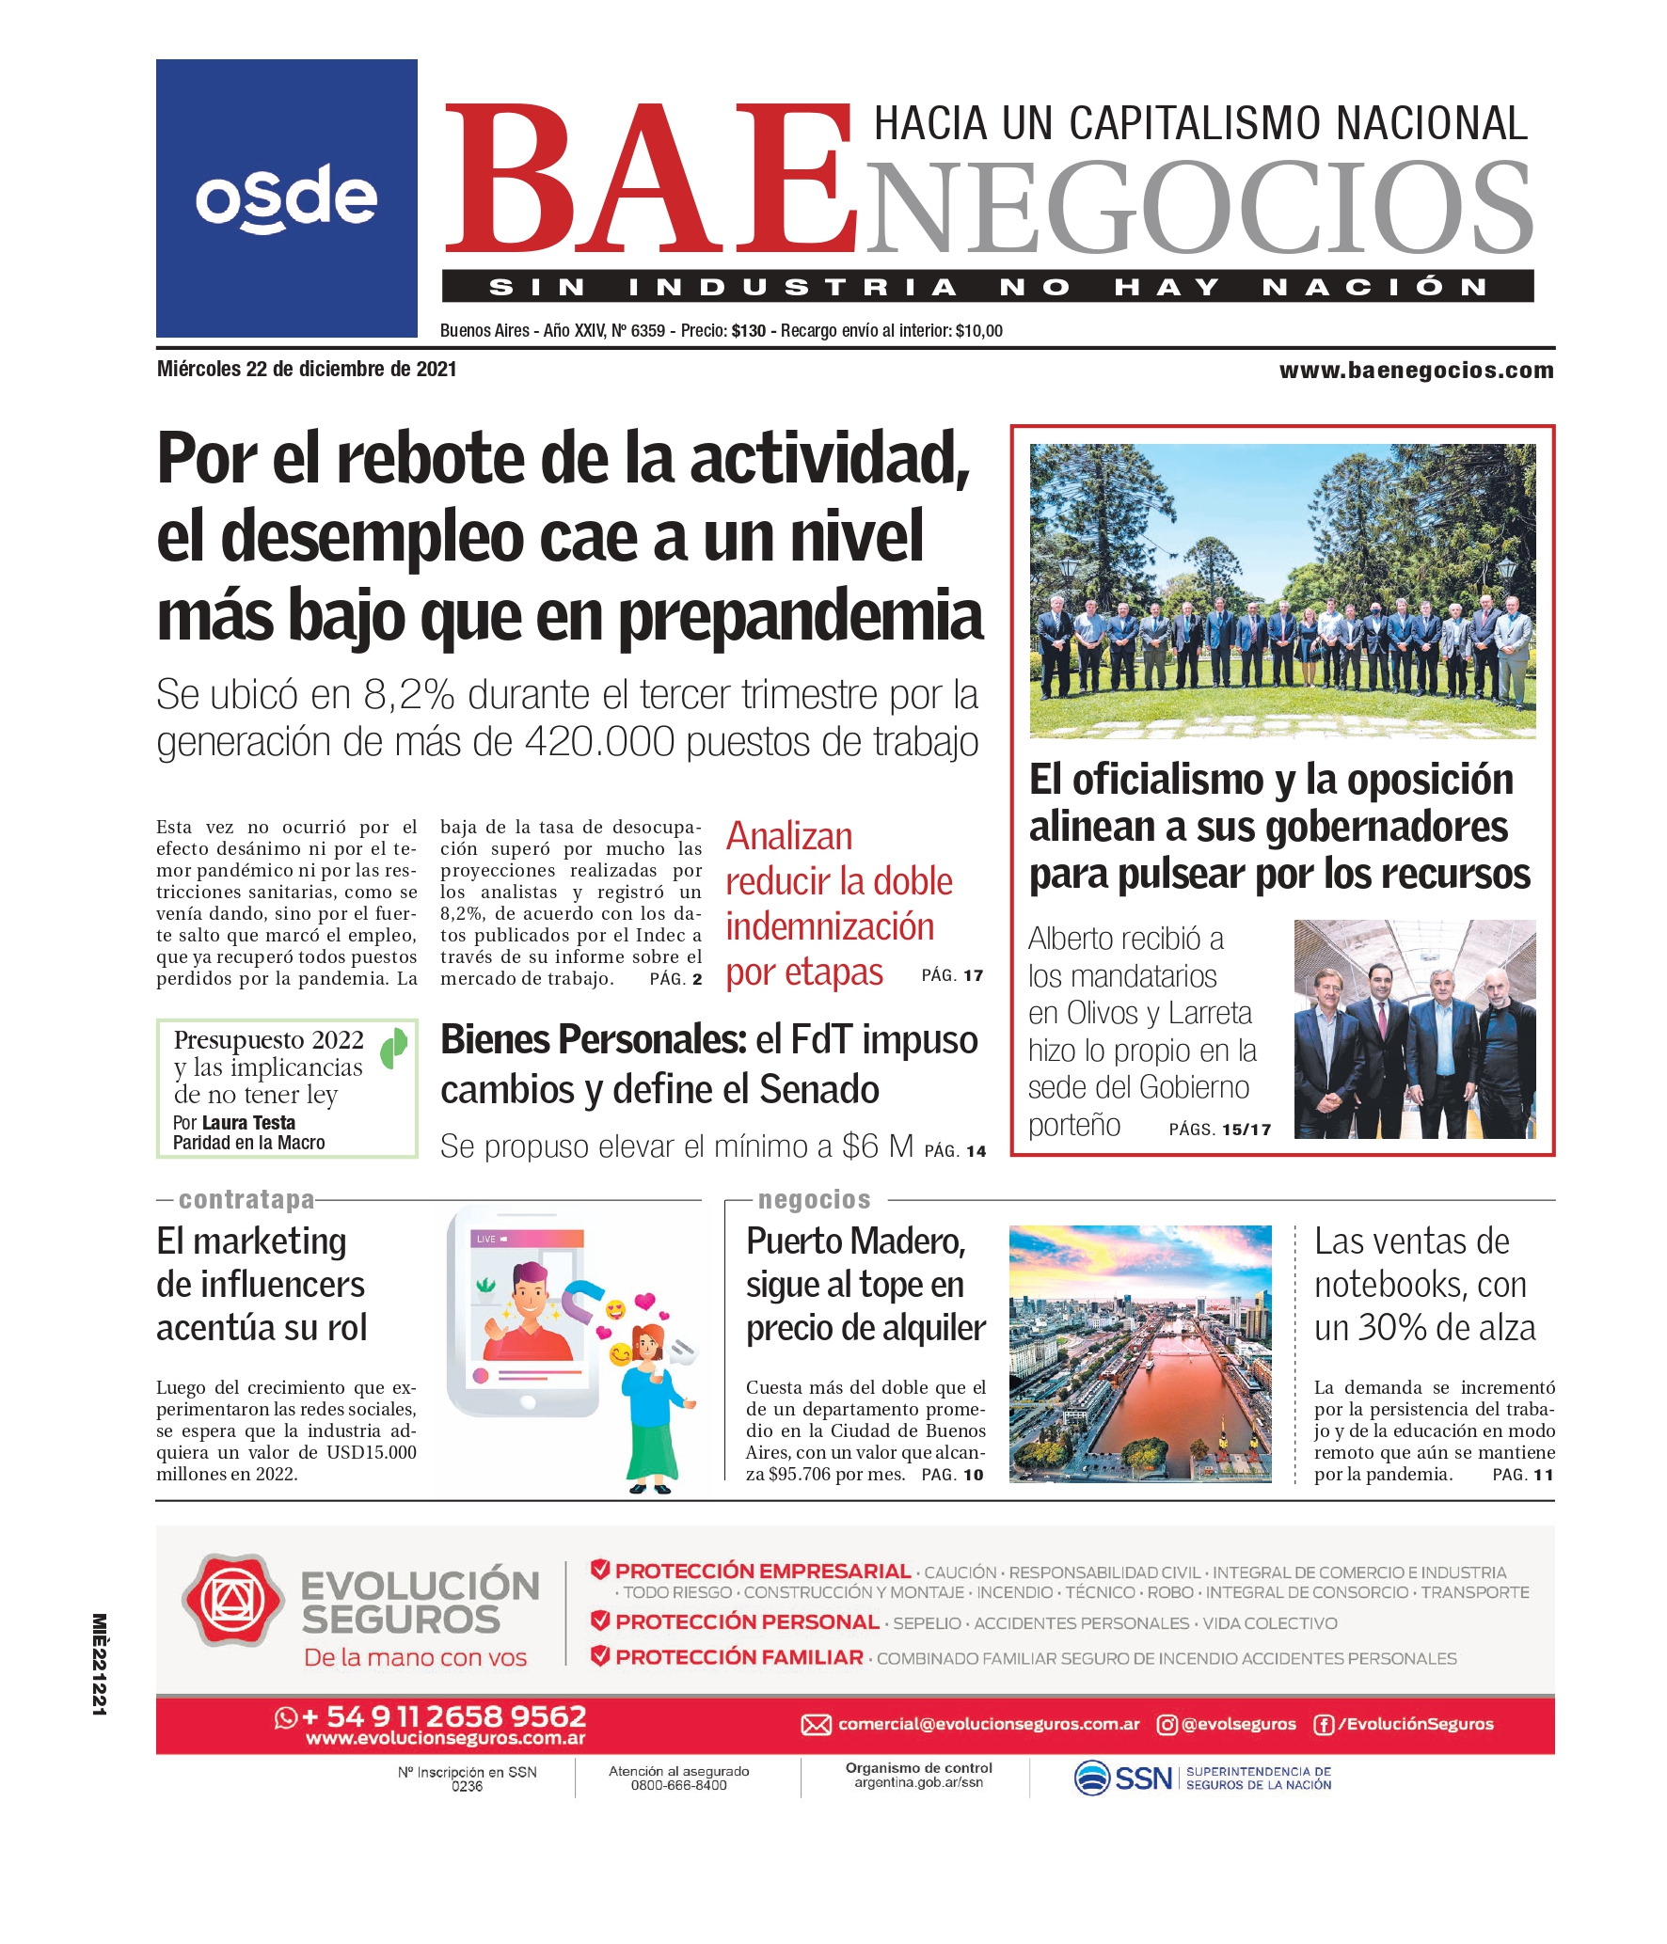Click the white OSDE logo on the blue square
click(x=286, y=198)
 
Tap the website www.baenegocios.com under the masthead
click(x=1416, y=371)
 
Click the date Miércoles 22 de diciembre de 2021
click(x=307, y=370)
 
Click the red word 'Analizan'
click(x=789, y=836)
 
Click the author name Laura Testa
click(x=248, y=1123)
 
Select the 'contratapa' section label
click(x=246, y=1200)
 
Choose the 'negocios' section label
click(x=814, y=1200)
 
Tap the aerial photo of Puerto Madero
click(x=1139, y=1353)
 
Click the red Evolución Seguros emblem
click(x=232, y=1601)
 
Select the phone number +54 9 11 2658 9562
click(x=443, y=1716)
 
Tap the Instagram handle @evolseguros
click(x=1237, y=1724)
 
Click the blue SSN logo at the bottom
click(x=1124, y=1778)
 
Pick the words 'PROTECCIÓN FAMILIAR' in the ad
click(x=738, y=1657)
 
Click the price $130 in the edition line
click(x=748, y=331)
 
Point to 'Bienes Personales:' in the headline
click(x=594, y=1040)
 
